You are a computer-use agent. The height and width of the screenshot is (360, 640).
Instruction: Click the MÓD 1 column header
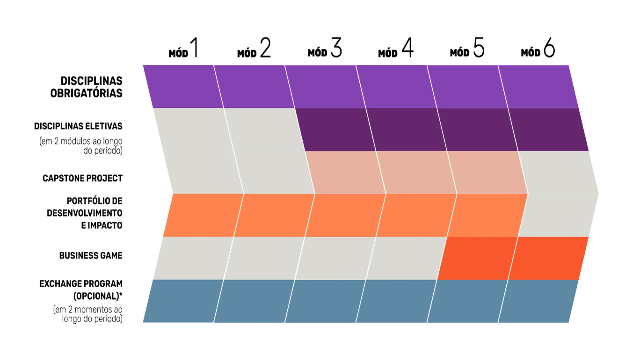184,48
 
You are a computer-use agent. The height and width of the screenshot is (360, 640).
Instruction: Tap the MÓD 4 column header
396,48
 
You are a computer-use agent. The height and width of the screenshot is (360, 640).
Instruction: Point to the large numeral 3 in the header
336,47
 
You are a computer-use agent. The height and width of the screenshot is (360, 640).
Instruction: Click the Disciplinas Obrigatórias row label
86,87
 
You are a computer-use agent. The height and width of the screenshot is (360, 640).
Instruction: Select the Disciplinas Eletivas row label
78,126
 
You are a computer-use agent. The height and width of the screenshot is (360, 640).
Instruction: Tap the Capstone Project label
83,178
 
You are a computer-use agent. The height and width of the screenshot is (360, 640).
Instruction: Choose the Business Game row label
91,256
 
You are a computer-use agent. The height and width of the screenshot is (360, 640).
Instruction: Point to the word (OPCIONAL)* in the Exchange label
98,296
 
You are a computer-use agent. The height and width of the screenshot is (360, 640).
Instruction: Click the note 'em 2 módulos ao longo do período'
81,146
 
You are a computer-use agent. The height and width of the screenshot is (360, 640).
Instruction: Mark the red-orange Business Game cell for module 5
477,258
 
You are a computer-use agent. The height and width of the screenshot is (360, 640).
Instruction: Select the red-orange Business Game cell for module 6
548,258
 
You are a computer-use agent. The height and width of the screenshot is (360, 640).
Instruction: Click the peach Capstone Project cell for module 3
345,173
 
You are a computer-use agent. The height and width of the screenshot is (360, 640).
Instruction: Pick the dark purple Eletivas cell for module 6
549,130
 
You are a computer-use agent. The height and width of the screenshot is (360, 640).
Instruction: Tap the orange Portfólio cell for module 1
203,215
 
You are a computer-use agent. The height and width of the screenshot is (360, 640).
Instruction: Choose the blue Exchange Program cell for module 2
254,301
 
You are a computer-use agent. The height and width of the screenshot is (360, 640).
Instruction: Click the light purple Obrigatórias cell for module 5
467,87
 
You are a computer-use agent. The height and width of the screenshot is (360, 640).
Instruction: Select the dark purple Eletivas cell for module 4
407,130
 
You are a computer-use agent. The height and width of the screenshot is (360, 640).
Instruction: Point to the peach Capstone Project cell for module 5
487,173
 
